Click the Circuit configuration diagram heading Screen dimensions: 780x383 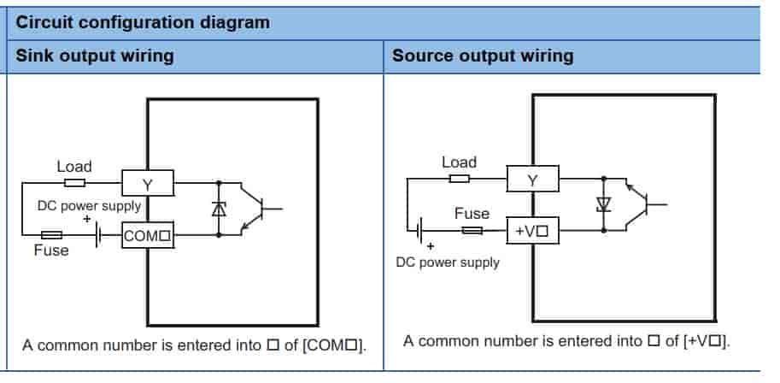tap(143, 22)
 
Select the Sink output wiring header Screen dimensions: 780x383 tap(95, 56)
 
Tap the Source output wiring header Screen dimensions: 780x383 tap(483, 56)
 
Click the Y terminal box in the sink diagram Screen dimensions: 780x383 tap(148, 183)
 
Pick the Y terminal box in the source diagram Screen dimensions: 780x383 tap(533, 179)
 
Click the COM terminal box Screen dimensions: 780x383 tap(148, 235)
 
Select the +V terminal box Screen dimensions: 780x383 tap(533, 231)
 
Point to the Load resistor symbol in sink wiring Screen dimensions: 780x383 tap(74, 183)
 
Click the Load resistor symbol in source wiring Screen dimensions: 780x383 tap(459, 179)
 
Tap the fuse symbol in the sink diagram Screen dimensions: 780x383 tap(52, 234)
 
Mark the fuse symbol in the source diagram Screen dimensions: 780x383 tap(472, 230)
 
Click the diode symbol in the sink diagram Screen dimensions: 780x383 tap(219, 209)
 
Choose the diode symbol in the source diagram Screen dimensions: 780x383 tap(604, 204)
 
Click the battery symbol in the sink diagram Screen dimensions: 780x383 tap(98, 234)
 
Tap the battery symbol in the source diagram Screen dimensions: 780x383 tap(419, 230)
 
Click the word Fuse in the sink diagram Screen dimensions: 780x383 tap(51, 250)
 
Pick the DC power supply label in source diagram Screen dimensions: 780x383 tap(448, 262)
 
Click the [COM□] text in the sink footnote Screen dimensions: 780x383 tap(334, 345)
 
